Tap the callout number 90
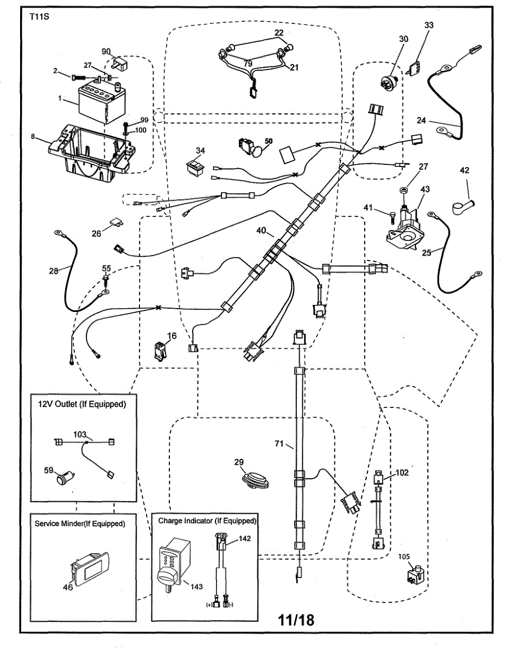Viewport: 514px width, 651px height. point(106,51)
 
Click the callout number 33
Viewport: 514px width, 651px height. point(429,25)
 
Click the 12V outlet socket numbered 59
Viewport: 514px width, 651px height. point(64,480)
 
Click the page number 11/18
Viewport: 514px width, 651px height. point(296,620)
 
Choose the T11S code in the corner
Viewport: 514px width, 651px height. point(38,16)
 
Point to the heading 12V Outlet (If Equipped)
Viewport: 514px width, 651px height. point(81,404)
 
